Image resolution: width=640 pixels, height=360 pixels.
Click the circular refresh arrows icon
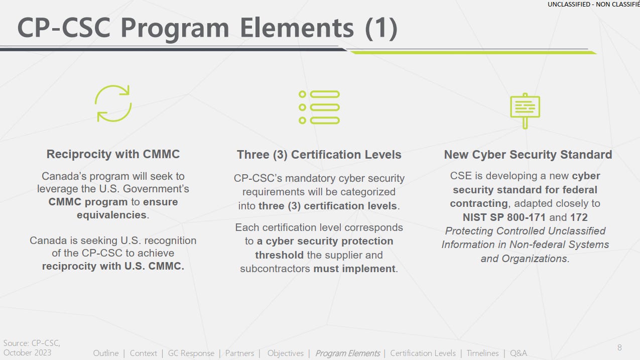(113, 104)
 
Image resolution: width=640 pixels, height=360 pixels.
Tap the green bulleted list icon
(319, 107)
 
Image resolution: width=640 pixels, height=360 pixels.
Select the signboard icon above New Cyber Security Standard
(525, 109)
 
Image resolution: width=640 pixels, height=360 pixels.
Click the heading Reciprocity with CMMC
(113, 154)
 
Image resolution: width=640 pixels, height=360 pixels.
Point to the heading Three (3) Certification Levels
(319, 155)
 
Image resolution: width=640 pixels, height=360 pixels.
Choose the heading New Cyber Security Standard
(528, 155)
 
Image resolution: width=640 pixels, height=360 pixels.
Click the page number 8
(619, 347)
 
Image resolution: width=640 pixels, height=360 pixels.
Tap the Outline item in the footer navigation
(106, 353)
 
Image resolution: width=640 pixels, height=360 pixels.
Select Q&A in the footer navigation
(519, 353)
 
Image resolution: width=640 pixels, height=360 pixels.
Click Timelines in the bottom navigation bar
(482, 353)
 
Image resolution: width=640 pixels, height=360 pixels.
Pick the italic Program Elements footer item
(347, 353)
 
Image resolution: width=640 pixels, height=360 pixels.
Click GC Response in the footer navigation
(191, 353)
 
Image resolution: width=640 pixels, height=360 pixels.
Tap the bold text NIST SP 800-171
(503, 217)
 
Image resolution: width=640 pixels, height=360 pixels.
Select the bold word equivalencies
(112, 215)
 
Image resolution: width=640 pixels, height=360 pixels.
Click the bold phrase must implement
(354, 269)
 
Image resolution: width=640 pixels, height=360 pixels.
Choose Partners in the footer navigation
(239, 353)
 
